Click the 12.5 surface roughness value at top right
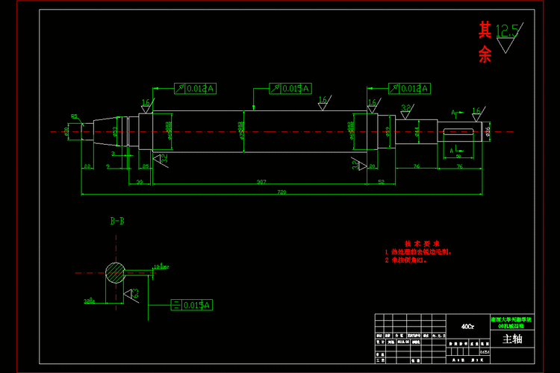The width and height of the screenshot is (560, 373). pyautogui.click(x=507, y=31)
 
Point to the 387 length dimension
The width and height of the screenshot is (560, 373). pyautogui.click(x=261, y=181)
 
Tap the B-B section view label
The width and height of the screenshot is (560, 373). pyautogui.click(x=117, y=221)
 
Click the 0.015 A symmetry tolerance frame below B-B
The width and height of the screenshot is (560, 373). pyautogui.click(x=192, y=305)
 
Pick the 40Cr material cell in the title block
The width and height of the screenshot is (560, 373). pyautogui.click(x=467, y=326)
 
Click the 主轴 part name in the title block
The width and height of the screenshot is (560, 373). pyautogui.click(x=512, y=339)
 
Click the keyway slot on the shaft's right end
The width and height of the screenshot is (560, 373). pyautogui.click(x=458, y=132)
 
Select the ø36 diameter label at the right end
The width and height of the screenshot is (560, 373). pyautogui.click(x=488, y=131)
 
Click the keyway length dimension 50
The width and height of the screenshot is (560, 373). pyautogui.click(x=457, y=157)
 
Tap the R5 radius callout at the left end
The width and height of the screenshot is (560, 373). pyautogui.click(x=74, y=116)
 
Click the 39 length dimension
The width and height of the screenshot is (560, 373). pyautogui.click(x=140, y=181)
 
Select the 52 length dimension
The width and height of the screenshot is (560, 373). pyautogui.click(x=381, y=181)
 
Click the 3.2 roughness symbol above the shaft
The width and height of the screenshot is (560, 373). pyautogui.click(x=407, y=109)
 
